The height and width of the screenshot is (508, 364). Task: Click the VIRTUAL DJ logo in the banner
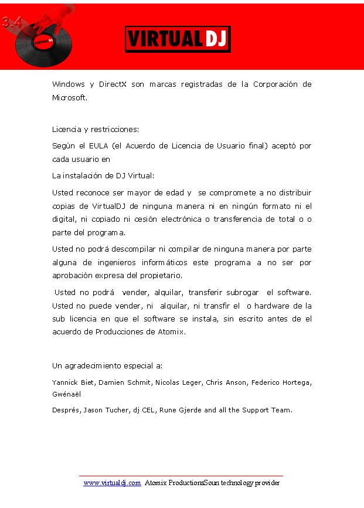[x=178, y=39]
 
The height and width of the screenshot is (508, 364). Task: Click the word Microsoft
[x=69, y=97]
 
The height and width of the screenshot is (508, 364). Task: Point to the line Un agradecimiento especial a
[x=103, y=366]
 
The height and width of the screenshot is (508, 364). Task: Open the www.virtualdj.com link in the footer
[x=112, y=483]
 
